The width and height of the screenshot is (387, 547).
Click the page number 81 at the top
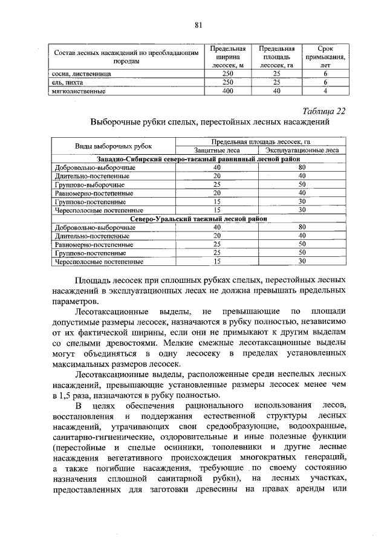click(x=198, y=25)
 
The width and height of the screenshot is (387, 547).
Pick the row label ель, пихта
click(x=66, y=82)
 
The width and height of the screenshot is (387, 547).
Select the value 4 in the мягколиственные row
click(x=325, y=91)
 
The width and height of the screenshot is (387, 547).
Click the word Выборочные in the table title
click(x=118, y=121)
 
